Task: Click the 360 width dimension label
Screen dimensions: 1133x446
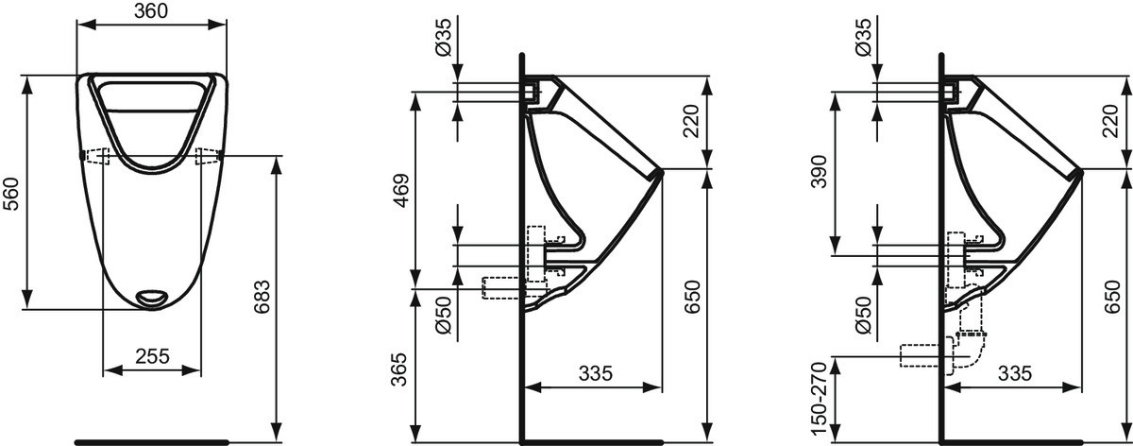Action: coord(151,11)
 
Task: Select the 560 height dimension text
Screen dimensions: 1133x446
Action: coord(10,194)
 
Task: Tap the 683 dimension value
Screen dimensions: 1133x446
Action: coord(262,297)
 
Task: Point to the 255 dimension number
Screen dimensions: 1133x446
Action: coord(152,356)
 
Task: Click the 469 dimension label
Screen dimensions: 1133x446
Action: coord(402,191)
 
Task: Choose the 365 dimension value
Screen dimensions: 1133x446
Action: coord(399,369)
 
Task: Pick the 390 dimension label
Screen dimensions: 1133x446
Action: coord(819,172)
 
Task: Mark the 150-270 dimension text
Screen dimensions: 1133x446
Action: coord(819,399)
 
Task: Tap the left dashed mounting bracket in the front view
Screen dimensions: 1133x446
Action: coord(97,156)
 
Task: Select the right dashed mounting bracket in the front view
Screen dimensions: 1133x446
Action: coord(208,156)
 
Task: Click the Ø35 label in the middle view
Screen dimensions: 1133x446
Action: coord(443,37)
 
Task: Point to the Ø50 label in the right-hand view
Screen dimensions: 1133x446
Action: coord(864,315)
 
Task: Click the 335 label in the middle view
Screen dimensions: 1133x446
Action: coord(596,373)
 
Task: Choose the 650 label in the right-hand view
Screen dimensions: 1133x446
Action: coord(1112,297)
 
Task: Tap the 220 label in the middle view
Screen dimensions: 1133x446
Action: coord(691,122)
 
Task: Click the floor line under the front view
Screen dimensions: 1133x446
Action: coord(152,442)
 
